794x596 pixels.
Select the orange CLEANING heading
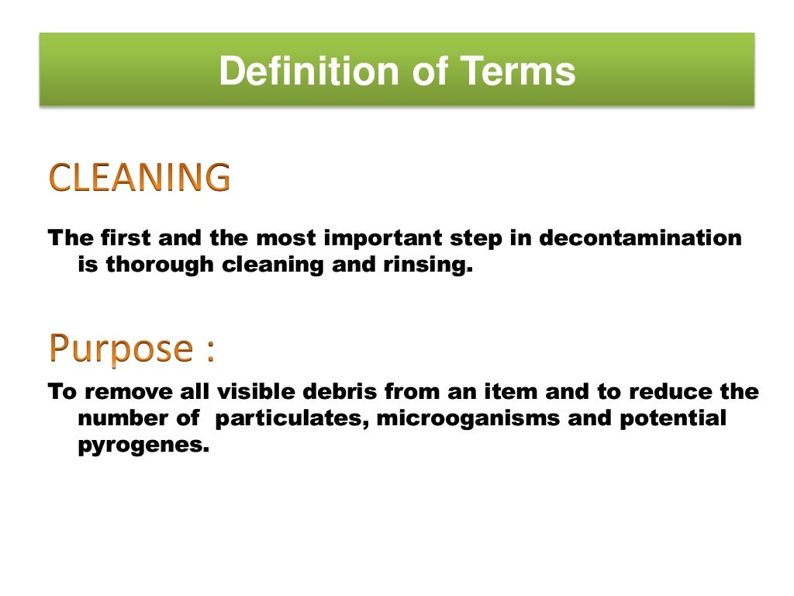click(x=140, y=178)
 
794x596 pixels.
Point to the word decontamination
click(x=640, y=237)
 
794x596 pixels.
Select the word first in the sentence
click(x=120, y=237)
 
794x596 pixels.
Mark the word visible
click(x=255, y=391)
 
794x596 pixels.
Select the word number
click(x=119, y=419)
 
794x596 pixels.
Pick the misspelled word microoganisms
click(x=472, y=419)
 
